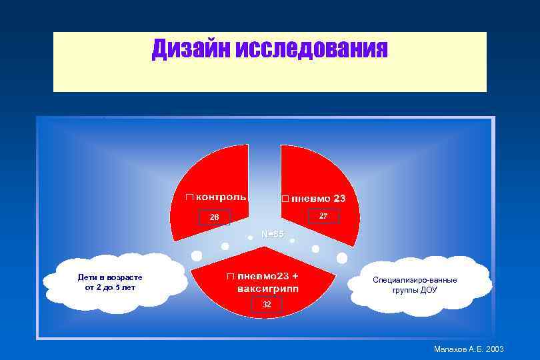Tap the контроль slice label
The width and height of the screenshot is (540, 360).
tap(220, 197)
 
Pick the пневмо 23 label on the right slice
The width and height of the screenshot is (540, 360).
tap(319, 199)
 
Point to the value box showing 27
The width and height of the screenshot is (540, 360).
tap(323, 216)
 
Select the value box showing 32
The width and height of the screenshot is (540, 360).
tap(267, 305)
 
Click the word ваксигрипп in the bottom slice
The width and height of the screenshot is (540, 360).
tap(268, 289)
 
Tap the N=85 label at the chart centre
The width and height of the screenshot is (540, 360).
tap(272, 234)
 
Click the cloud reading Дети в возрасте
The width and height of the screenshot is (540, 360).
tap(109, 282)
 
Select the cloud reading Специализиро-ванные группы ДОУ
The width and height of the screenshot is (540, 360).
tap(424, 285)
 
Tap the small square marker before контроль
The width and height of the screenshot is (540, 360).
tap(189, 197)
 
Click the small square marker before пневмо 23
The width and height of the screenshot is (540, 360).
tap(285, 199)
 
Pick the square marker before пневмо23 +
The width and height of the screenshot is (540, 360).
tap(229, 276)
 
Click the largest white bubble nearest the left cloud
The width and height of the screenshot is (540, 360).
tap(196, 255)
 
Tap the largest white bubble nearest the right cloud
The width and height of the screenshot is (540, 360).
tap(342, 257)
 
